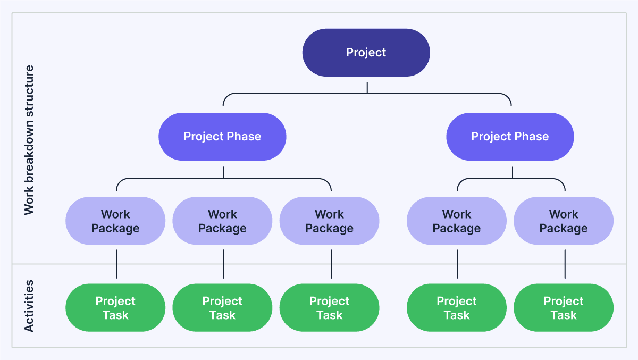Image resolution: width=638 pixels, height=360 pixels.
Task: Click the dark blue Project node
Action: point(366,53)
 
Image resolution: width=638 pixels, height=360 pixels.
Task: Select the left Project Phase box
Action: point(222,137)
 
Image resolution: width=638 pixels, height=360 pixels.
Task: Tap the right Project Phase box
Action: point(510,137)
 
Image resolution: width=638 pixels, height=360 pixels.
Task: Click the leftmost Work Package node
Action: point(115,221)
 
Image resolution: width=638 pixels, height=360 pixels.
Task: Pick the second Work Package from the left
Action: point(222,221)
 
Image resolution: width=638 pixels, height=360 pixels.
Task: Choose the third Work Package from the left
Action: point(329,221)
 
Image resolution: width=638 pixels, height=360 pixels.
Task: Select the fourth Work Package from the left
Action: point(457,221)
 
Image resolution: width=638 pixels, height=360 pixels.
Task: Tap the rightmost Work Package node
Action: point(564,221)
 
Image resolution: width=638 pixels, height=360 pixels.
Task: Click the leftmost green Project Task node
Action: point(115,308)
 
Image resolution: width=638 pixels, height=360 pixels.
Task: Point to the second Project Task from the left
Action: point(222,308)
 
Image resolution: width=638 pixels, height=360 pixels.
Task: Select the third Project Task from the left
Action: point(329,308)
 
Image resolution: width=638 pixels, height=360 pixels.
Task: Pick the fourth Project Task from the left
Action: point(457,308)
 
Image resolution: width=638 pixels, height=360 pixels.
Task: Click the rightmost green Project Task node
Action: point(564,308)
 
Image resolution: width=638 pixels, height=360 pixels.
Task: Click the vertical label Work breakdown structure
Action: point(29,140)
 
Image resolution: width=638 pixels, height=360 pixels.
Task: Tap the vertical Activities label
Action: point(29,306)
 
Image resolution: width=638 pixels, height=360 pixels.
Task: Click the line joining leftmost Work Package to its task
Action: point(116,264)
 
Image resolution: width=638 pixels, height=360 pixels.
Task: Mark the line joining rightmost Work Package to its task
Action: point(565,264)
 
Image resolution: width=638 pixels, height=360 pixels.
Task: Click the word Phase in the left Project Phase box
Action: point(242,137)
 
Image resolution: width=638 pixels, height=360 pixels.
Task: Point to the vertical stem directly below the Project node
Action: point(367,87)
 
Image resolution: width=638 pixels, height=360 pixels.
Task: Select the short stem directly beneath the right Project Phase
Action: point(513,172)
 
